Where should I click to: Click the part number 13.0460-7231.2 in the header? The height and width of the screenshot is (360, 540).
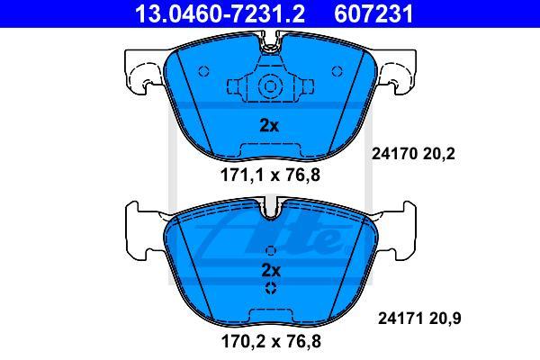(220, 13)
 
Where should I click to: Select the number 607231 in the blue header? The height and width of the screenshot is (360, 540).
(373, 13)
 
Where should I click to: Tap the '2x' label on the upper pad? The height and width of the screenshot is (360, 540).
(269, 126)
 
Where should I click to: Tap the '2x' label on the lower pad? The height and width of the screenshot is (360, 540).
(271, 270)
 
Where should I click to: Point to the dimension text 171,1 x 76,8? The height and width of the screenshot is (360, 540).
(270, 175)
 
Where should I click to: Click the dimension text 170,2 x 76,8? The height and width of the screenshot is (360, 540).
(271, 341)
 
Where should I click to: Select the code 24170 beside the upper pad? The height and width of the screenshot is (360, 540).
(394, 154)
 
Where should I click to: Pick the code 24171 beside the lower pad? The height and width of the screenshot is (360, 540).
(400, 319)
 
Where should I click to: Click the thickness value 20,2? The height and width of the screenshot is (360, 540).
(439, 154)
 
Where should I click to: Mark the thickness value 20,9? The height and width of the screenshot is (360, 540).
(445, 319)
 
